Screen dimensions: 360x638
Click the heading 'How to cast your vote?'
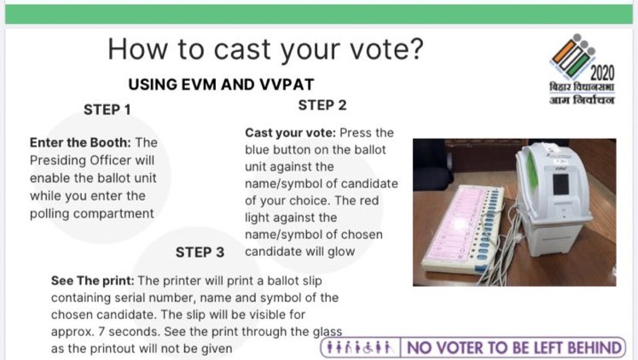pyautogui.click(x=264, y=49)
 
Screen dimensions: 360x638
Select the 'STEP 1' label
pyautogui.click(x=107, y=109)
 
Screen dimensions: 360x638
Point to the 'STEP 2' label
pyautogui.click(x=322, y=106)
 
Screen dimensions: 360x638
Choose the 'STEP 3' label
pyautogui.click(x=200, y=253)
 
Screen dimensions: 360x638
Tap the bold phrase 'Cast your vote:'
pyautogui.click(x=291, y=133)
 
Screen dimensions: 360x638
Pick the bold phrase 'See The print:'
pyautogui.click(x=93, y=281)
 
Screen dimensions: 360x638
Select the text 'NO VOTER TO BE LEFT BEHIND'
pyautogui.click(x=514, y=348)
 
